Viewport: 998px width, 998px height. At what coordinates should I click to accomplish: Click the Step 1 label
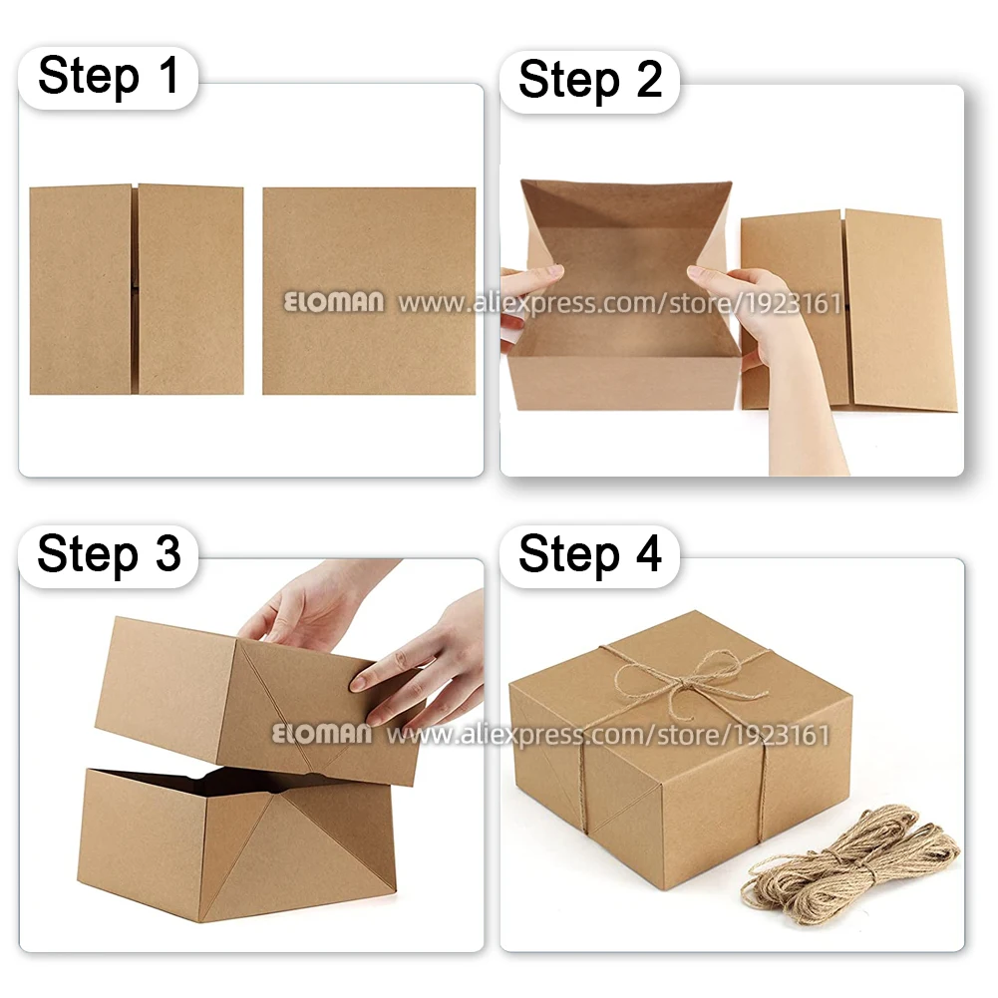[x=109, y=77]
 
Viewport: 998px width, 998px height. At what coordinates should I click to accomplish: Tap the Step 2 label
[x=590, y=79]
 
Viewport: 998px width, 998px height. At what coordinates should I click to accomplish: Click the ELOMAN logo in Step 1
[x=333, y=303]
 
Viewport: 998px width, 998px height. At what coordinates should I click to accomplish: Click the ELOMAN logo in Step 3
[x=321, y=735]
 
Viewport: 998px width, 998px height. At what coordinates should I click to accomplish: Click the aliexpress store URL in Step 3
[x=608, y=736]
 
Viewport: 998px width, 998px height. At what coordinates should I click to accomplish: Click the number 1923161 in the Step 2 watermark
[x=793, y=303]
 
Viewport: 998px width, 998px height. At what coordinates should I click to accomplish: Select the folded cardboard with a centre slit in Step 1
[x=136, y=289]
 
